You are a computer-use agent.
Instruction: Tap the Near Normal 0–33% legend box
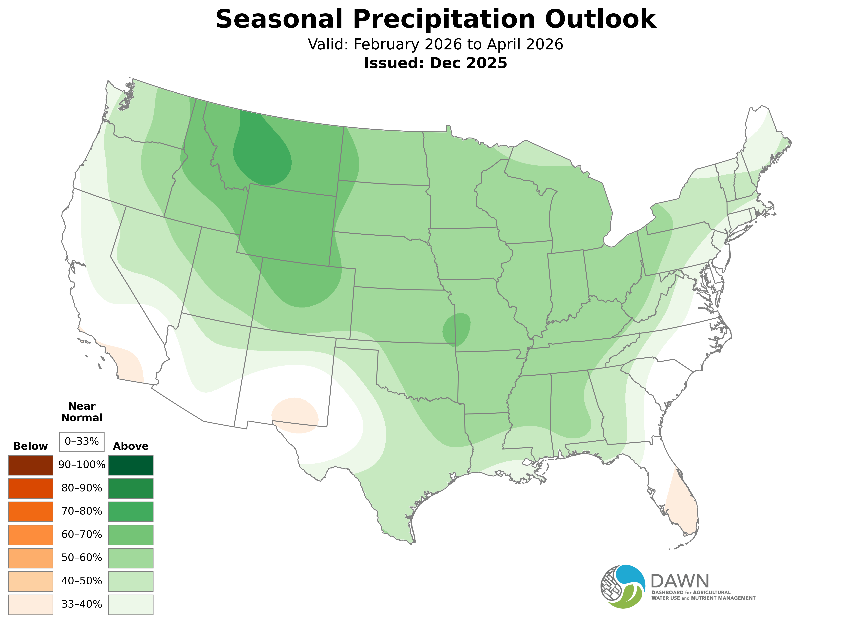[x=82, y=442]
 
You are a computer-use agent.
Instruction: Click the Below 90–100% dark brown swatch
[x=31, y=465]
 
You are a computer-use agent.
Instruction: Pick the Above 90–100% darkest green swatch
[x=131, y=465]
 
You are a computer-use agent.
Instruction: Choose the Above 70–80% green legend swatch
[x=131, y=511]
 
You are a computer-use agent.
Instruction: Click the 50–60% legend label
[x=82, y=558]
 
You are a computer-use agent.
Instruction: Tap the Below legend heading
[x=31, y=446]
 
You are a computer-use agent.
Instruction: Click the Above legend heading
[x=131, y=446]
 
